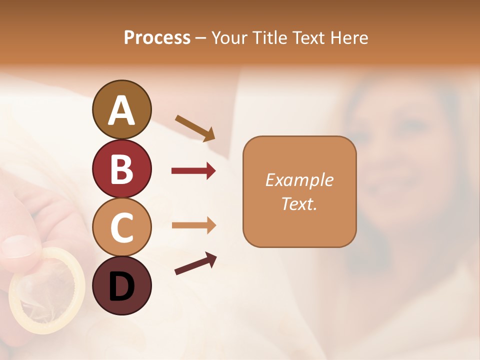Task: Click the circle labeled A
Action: point(121,109)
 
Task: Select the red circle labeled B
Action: point(121,168)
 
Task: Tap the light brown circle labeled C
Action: point(121,227)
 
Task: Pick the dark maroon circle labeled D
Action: point(121,285)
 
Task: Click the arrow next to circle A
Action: point(195,127)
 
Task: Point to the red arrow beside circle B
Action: point(193,171)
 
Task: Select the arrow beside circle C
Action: point(193,225)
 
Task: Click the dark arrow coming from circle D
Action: point(195,263)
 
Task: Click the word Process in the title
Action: point(157,37)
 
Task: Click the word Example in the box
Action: point(299,180)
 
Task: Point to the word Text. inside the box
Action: point(299,203)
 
